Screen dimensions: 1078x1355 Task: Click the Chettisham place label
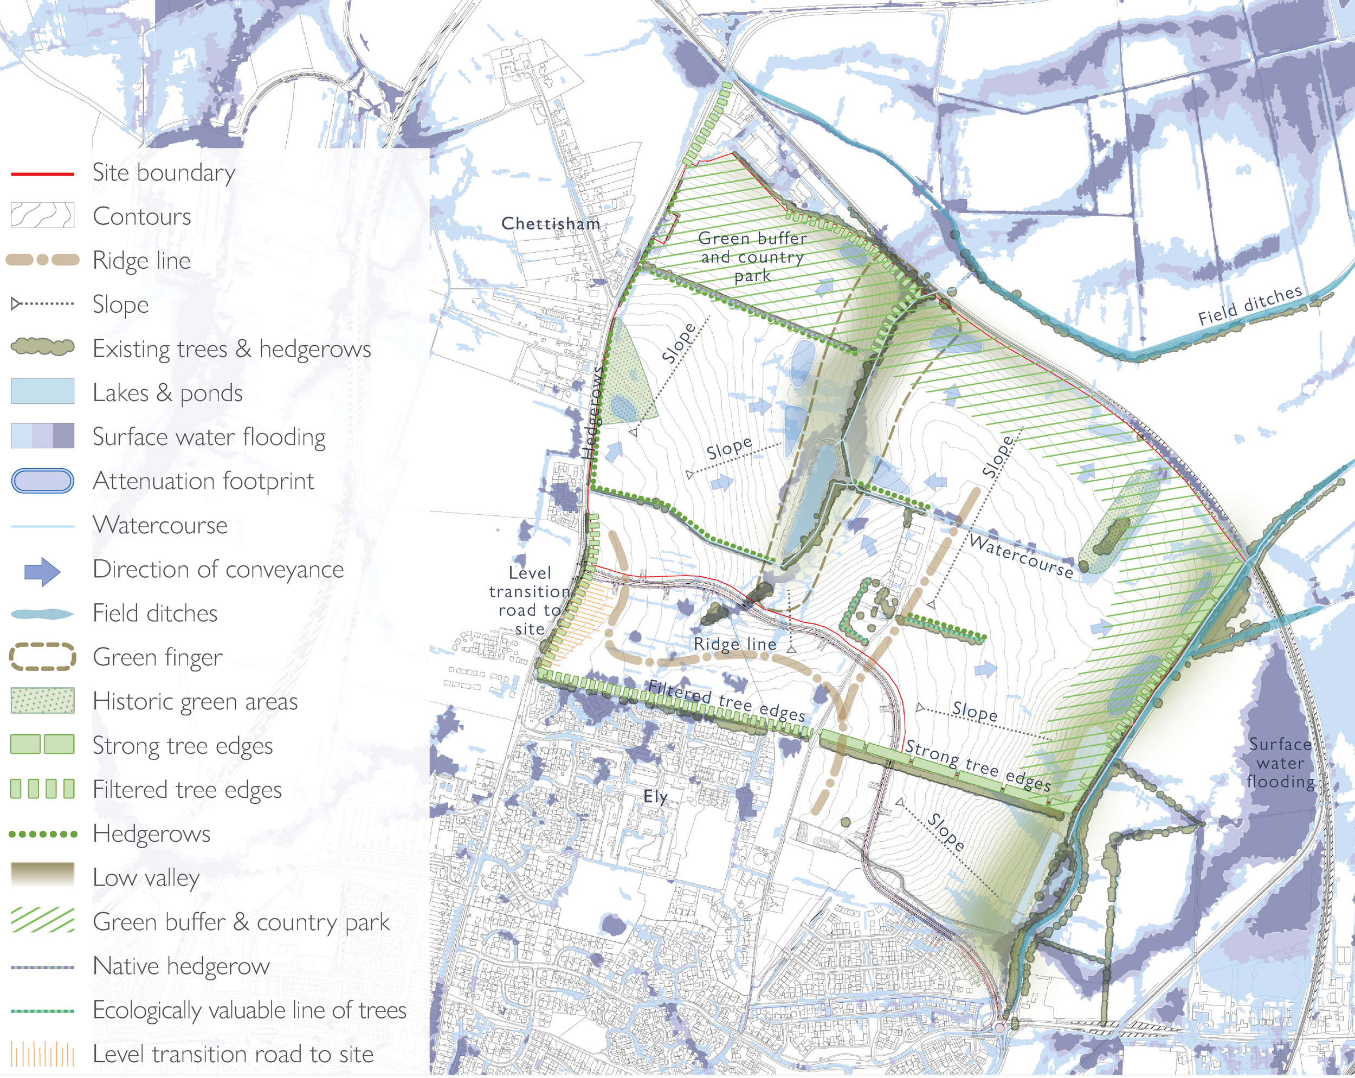550,223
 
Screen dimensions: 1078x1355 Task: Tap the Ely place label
655,796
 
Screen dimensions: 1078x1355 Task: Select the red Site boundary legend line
42,173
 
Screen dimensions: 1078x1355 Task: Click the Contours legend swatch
42,216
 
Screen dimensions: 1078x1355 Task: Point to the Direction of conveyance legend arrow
42,571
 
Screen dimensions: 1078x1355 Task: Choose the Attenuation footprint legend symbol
42,481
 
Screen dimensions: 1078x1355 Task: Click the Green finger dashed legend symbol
42,657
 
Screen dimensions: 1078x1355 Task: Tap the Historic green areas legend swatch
42,701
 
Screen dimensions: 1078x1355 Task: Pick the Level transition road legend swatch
42,1054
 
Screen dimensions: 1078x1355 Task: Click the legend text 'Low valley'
146,877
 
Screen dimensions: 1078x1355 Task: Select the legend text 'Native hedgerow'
181,966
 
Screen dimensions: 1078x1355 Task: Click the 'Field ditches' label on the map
1249,306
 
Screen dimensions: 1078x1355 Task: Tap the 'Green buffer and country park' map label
752,257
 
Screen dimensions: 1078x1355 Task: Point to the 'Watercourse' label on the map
1021,556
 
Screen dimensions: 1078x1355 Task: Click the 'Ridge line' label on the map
735,644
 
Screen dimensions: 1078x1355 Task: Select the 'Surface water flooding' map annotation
1280,763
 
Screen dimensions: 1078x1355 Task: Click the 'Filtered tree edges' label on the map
726,700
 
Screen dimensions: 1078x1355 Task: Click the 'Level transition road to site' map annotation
529,601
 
